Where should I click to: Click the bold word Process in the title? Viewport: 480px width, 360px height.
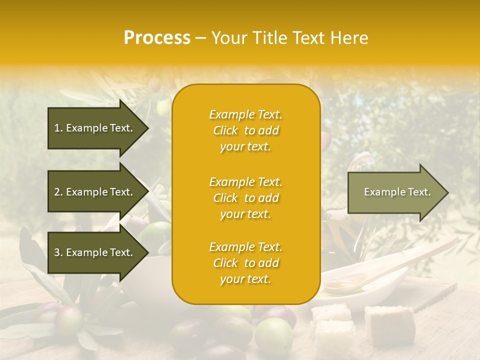click(157, 38)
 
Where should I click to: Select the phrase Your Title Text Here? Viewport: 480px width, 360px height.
click(289, 38)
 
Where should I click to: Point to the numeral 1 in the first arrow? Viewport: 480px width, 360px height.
click(56, 128)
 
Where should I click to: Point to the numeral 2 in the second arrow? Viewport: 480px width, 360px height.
click(56, 192)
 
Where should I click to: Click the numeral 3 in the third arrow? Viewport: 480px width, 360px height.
click(56, 253)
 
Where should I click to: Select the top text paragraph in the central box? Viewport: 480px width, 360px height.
click(245, 130)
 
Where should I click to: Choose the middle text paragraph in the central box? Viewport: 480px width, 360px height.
click(245, 198)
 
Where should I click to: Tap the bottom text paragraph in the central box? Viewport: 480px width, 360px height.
click(245, 263)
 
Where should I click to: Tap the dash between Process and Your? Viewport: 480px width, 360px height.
click(200, 38)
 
